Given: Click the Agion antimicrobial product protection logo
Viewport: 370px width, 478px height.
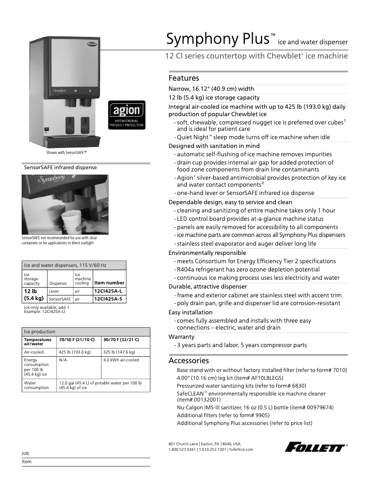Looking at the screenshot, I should point(126,115).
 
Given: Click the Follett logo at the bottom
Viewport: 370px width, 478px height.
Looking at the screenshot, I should point(316,447).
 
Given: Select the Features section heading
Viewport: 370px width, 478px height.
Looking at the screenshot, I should point(184,78).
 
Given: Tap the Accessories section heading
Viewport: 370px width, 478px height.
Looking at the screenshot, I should point(189,360).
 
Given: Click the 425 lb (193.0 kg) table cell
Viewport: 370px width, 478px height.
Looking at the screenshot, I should point(75,352).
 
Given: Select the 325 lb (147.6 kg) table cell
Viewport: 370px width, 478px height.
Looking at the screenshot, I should point(119,352).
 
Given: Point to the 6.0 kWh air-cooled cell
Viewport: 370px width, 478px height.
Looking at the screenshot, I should point(121,360).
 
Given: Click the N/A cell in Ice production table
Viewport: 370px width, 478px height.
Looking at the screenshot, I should point(63,360).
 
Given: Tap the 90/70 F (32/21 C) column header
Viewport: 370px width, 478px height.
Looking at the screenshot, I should point(121,339).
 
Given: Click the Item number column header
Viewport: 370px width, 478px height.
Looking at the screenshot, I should point(109,283).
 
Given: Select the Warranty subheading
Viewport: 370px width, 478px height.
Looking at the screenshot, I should point(182,336).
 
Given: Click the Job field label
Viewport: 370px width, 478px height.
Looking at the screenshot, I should point(25,453).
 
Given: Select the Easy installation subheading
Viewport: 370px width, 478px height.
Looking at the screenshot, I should point(191,312).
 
